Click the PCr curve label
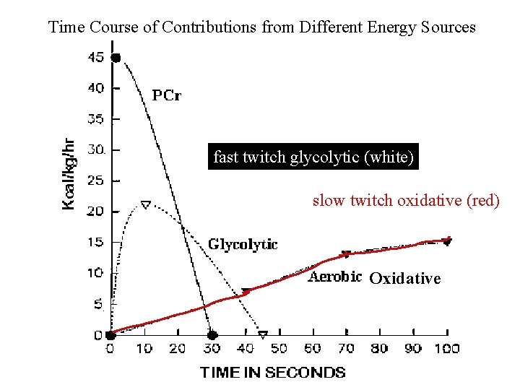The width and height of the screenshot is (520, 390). (166, 95)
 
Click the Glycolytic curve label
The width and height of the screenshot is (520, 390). (243, 244)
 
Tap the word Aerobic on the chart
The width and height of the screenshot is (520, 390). (335, 277)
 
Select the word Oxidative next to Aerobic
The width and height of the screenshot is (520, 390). (404, 279)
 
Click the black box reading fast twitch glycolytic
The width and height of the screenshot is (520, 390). (313, 157)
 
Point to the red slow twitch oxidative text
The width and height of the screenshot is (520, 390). (405, 201)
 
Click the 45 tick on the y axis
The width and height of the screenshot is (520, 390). (96, 57)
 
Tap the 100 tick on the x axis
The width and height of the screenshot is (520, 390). (447, 348)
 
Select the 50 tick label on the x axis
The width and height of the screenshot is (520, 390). (279, 348)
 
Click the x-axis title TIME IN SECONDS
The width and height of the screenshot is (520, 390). (273, 373)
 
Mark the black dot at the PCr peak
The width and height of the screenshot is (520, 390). (116, 58)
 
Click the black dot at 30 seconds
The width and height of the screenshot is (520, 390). (212, 335)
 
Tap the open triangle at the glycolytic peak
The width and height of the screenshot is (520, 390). (145, 205)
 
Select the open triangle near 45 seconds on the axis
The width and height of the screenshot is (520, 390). (263, 335)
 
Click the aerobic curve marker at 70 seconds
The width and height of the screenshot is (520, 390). (347, 254)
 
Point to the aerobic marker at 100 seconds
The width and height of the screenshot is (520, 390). (447, 241)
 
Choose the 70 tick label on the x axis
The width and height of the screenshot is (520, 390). (347, 348)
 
